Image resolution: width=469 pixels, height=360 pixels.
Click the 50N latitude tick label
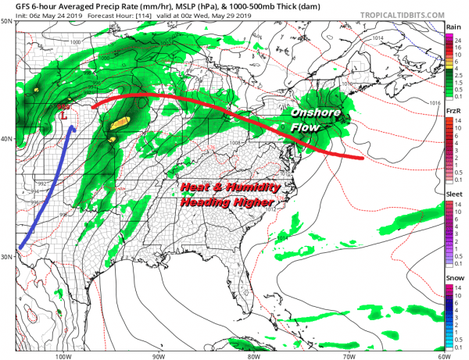(8, 21)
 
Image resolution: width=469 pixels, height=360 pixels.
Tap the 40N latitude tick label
(8, 139)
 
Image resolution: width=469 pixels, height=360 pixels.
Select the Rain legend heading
(453, 27)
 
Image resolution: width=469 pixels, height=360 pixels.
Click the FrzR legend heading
(453, 112)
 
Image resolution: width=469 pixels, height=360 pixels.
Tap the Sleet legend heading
(453, 197)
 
